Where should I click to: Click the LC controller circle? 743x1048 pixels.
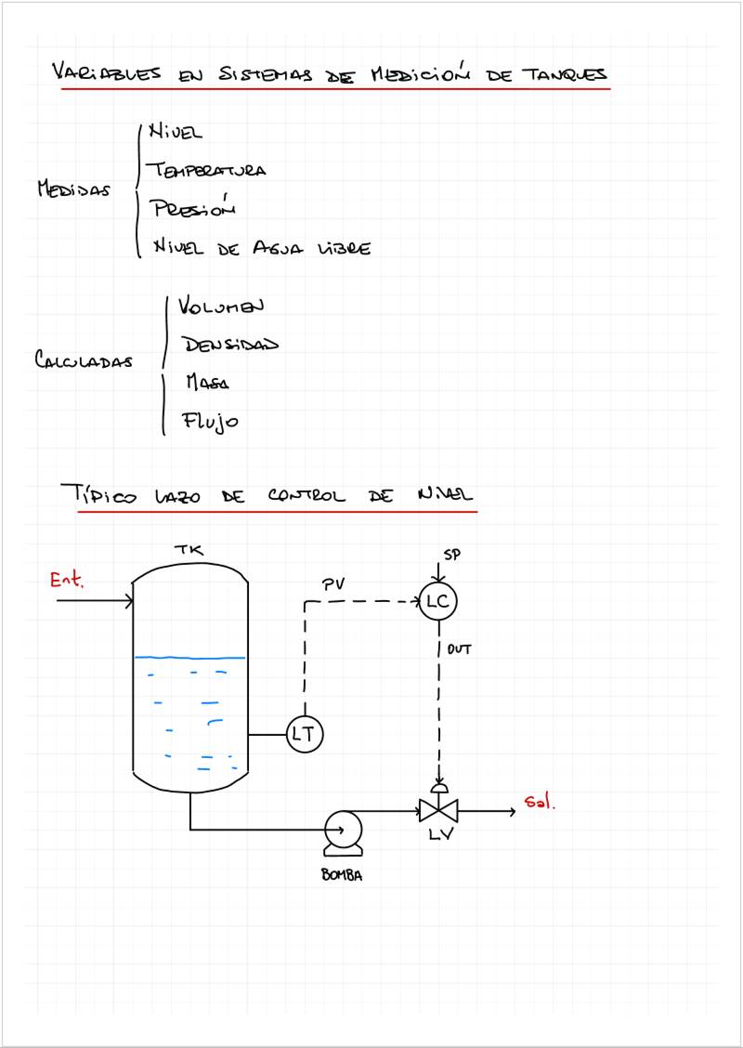(x=437, y=602)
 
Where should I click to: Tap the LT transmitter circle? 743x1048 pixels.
(x=303, y=734)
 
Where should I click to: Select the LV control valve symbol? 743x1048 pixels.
(x=439, y=810)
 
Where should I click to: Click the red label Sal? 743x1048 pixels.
(x=540, y=803)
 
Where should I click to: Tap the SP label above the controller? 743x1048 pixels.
(x=452, y=555)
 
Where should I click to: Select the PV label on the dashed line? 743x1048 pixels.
(x=334, y=584)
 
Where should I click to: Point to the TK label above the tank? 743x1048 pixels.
(x=189, y=551)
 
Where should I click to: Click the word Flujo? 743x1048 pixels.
(x=211, y=422)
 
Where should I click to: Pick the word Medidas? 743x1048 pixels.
(x=73, y=190)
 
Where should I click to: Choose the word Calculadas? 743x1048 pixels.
(x=83, y=360)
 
